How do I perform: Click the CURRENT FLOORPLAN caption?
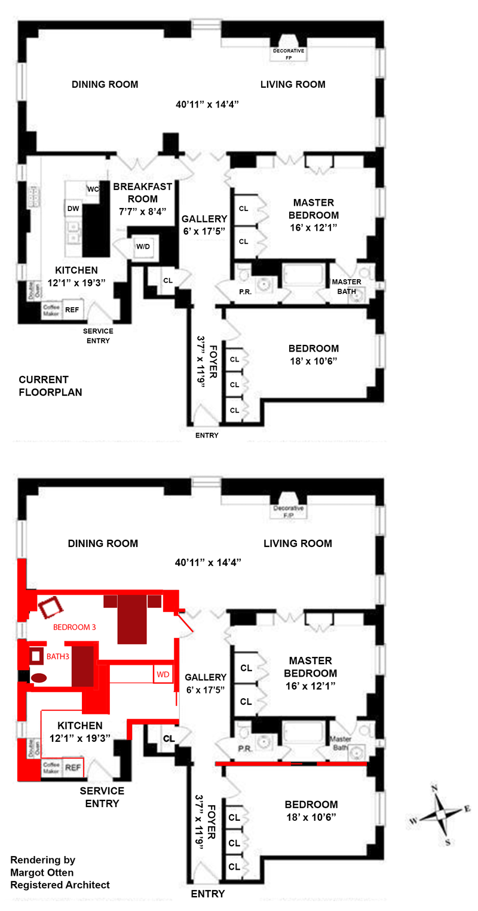point(50,386)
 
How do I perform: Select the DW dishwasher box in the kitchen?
point(73,208)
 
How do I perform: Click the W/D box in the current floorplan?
point(143,246)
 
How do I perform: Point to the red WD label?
point(163,674)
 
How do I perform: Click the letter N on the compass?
point(436,788)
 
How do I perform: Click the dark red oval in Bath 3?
point(39,678)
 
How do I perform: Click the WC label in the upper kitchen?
point(93,189)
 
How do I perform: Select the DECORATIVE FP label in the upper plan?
point(289,54)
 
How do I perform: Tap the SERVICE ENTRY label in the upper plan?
point(98,335)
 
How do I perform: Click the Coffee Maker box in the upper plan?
point(49,310)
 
